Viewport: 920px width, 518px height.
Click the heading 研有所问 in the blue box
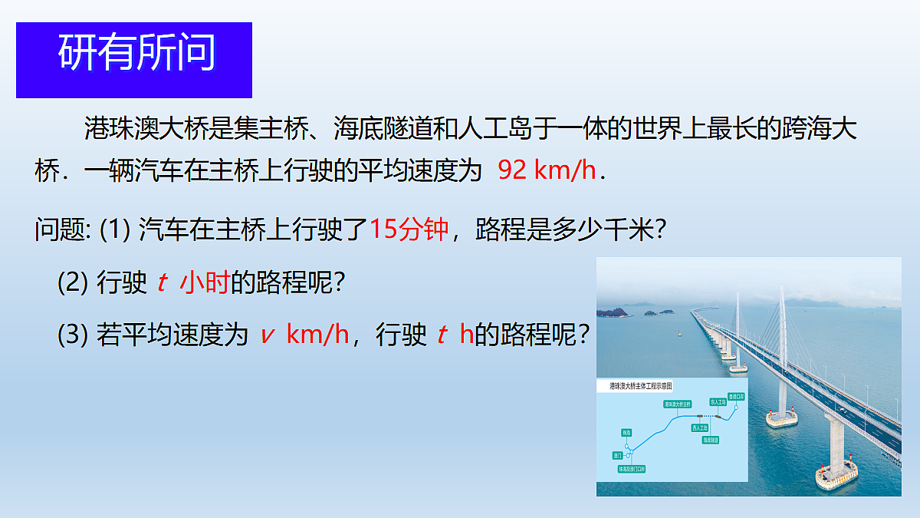point(136,53)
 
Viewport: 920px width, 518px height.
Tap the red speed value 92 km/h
point(547,170)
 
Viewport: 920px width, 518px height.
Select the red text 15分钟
point(409,229)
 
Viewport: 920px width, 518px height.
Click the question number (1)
point(116,229)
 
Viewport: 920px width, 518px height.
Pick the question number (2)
point(74,283)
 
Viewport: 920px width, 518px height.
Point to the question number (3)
point(74,335)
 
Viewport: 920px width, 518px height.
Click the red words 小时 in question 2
point(205,283)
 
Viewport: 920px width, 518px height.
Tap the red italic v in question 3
point(267,335)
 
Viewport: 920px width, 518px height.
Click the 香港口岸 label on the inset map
point(736,397)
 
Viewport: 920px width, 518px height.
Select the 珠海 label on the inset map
point(626,433)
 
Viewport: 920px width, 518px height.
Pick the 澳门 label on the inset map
point(617,455)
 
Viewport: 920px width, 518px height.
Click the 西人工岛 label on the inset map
point(701,427)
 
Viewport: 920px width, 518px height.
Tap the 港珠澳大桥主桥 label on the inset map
point(677,404)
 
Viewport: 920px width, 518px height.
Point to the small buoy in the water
point(678,333)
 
